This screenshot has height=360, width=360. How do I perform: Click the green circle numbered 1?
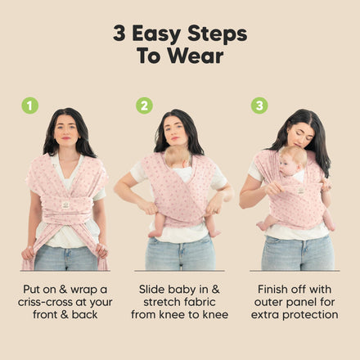click(x=30, y=106)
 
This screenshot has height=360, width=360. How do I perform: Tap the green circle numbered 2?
click(x=144, y=106)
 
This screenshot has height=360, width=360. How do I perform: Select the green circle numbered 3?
click(x=259, y=106)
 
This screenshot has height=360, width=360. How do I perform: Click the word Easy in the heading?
click(x=156, y=34)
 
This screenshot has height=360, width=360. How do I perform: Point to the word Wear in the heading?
click(x=196, y=56)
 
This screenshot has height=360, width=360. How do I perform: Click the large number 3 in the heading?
click(x=119, y=33)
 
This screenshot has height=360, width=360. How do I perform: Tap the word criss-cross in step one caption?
click(x=48, y=302)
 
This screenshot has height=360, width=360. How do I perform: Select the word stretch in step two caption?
click(x=162, y=302)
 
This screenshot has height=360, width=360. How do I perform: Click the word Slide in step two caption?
click(x=151, y=289)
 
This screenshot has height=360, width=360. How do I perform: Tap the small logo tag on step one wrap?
click(x=65, y=205)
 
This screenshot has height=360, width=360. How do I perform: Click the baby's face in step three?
click(x=287, y=166)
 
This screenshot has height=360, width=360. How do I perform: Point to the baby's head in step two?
click(x=178, y=157)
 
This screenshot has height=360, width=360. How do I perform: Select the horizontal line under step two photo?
click(x=179, y=271)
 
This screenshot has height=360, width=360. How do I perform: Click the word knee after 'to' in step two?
click(x=215, y=315)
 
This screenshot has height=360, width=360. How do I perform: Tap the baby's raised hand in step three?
click(x=326, y=184)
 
